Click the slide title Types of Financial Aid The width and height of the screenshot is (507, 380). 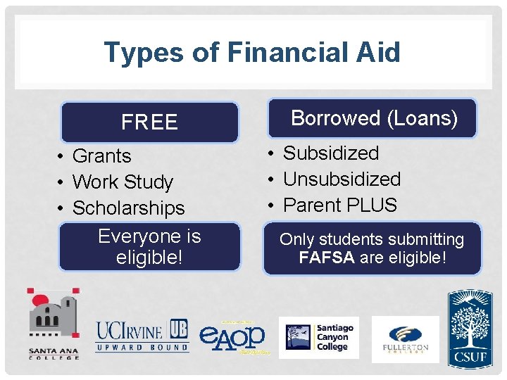click(251, 52)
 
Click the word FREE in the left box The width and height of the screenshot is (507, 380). click(149, 122)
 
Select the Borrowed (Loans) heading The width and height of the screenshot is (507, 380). click(374, 118)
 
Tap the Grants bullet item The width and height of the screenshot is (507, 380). click(101, 156)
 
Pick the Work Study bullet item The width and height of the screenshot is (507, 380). click(123, 182)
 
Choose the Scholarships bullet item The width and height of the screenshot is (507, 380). click(128, 208)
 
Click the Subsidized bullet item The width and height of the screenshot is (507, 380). click(330, 153)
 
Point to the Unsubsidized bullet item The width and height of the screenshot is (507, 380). click(342, 179)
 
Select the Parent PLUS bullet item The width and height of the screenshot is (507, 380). click(339, 205)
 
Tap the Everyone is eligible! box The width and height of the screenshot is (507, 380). click(149, 246)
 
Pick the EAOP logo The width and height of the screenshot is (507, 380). click(232, 336)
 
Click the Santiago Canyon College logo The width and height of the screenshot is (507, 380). click(318, 338)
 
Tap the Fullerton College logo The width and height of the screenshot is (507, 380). click(405, 338)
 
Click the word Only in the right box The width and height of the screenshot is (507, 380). click(296, 240)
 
